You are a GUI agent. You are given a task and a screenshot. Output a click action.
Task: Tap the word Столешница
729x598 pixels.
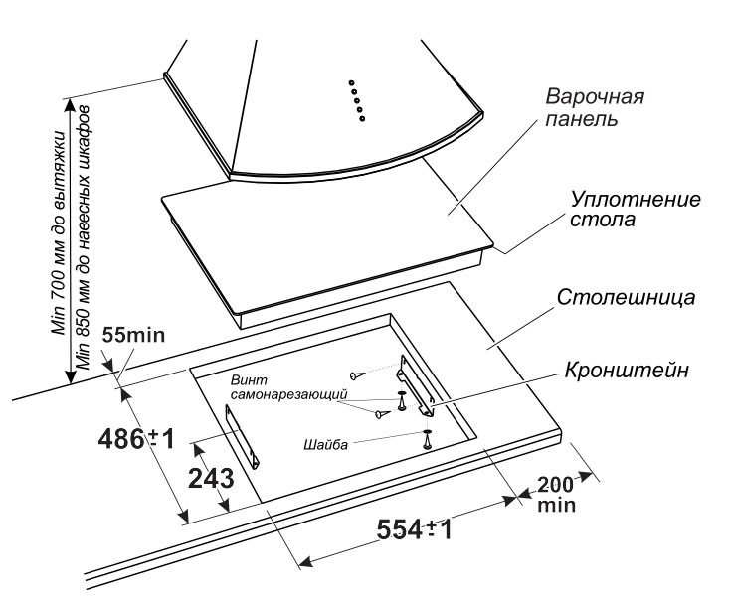612,296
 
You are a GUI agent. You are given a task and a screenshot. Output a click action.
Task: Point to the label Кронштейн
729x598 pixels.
626,369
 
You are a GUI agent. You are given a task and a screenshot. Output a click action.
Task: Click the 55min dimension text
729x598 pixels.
132,336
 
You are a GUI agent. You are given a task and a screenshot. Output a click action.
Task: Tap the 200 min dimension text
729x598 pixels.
556,494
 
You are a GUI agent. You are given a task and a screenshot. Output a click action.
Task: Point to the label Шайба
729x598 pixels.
326,444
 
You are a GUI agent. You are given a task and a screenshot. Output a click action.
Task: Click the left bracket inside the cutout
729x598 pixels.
243,438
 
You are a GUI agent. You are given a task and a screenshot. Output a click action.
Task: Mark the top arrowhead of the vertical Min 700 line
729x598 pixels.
69,101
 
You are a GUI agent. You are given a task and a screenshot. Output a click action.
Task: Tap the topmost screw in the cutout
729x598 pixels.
355,374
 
